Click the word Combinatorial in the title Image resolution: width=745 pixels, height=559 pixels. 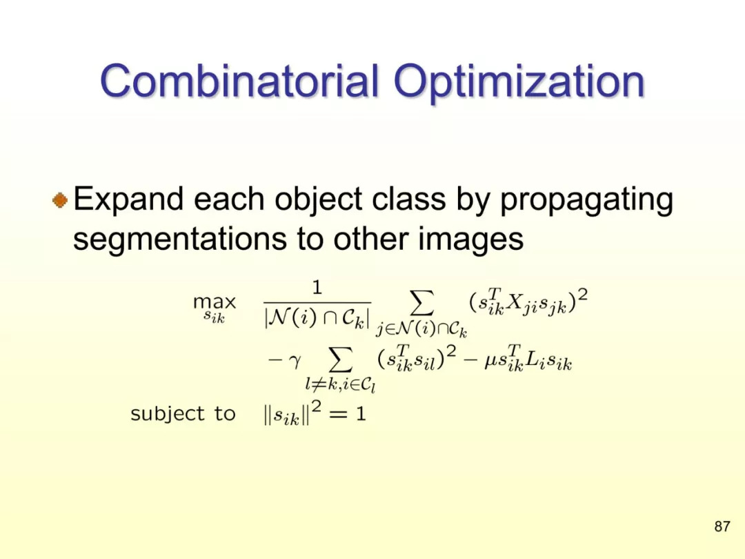239,80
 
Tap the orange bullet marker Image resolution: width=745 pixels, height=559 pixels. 60,200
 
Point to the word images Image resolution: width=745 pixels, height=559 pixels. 471,240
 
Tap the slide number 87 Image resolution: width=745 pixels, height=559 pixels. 722,526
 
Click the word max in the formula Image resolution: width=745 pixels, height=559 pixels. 215,302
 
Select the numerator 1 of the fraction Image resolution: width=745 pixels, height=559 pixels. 317,288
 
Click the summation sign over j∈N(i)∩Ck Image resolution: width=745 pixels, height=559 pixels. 422,304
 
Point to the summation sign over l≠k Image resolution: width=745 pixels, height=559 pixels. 341,360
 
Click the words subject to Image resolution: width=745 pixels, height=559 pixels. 183,414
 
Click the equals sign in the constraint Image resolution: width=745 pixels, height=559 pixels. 339,415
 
